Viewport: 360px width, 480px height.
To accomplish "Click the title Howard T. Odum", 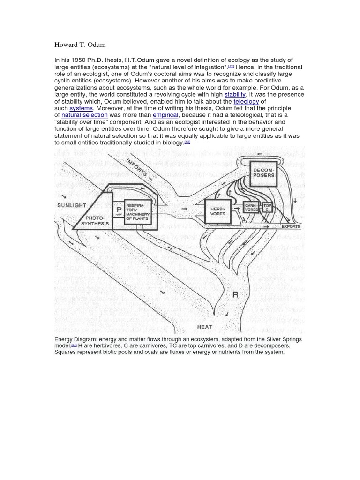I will (x=80, y=45).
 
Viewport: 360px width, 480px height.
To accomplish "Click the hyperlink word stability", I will (x=235, y=94).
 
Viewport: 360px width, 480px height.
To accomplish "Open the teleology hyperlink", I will (x=246, y=101).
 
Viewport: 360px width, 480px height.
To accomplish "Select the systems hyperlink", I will (x=81, y=108).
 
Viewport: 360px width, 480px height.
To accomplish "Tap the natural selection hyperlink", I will (x=84, y=115).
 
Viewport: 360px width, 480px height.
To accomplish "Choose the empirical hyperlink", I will (x=165, y=115).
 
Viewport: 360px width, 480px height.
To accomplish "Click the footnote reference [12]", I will (x=231, y=67).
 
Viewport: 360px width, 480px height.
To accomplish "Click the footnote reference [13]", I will (x=187, y=142).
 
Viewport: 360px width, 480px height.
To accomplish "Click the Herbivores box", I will (x=218, y=210).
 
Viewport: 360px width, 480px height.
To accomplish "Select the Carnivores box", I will (x=252, y=208).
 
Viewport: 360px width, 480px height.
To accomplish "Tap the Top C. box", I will (x=268, y=207).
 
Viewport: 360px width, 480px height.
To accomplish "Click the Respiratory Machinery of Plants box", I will (x=137, y=212).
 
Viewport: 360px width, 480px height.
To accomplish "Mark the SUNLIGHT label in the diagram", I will (x=71, y=205).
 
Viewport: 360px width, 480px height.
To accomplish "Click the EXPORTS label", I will (x=291, y=226).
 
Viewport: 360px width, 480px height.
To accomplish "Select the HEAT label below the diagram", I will (x=204, y=327).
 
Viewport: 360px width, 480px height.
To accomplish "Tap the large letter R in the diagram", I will (x=235, y=294).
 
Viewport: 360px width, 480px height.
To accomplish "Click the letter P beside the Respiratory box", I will (x=119, y=210).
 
